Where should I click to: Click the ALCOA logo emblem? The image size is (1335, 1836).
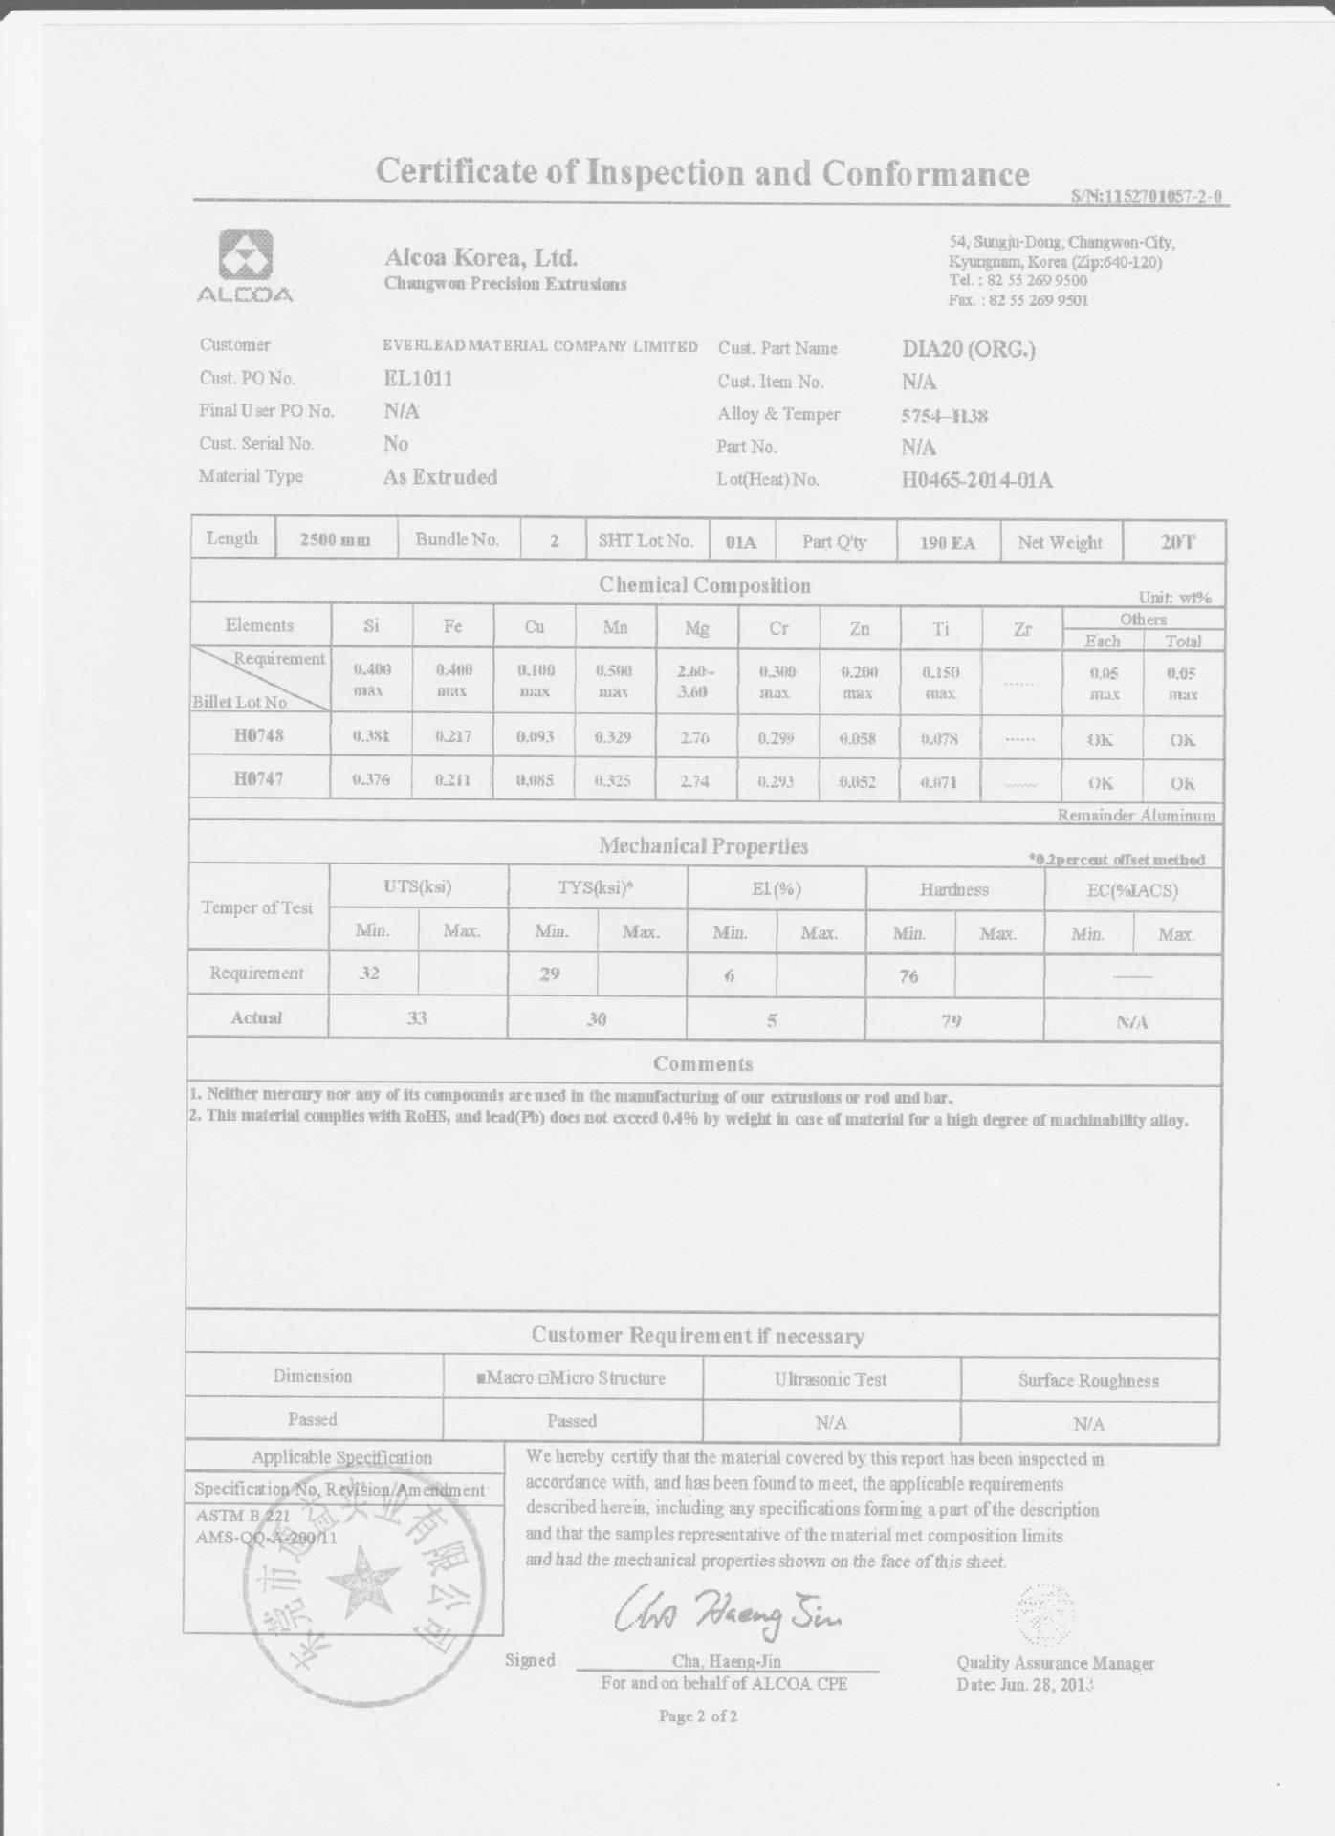[x=246, y=255]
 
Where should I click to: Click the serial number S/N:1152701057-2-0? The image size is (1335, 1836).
[x=1148, y=197]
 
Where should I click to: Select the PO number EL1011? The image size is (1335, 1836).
[x=418, y=379]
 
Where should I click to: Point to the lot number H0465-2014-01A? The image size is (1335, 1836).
[x=976, y=480]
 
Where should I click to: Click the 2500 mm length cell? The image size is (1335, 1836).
[x=335, y=540]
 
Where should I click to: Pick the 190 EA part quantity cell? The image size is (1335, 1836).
[x=948, y=543]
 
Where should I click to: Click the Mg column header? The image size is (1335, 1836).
[x=697, y=627]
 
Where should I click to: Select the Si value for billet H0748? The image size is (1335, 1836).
[x=372, y=736]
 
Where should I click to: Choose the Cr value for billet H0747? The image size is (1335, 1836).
[x=777, y=781]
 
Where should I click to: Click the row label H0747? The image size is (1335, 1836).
[x=259, y=778]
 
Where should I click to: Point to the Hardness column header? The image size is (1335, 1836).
[x=953, y=889]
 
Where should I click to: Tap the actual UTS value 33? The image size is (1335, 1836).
[x=417, y=1018]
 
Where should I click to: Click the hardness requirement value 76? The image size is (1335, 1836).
[x=908, y=975]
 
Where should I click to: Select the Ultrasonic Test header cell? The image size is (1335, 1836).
[x=830, y=1379]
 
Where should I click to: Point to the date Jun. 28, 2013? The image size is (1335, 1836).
[x=1025, y=1684]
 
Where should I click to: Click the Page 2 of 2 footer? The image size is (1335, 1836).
[x=698, y=1716]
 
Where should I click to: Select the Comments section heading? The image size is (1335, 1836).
[x=703, y=1064]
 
